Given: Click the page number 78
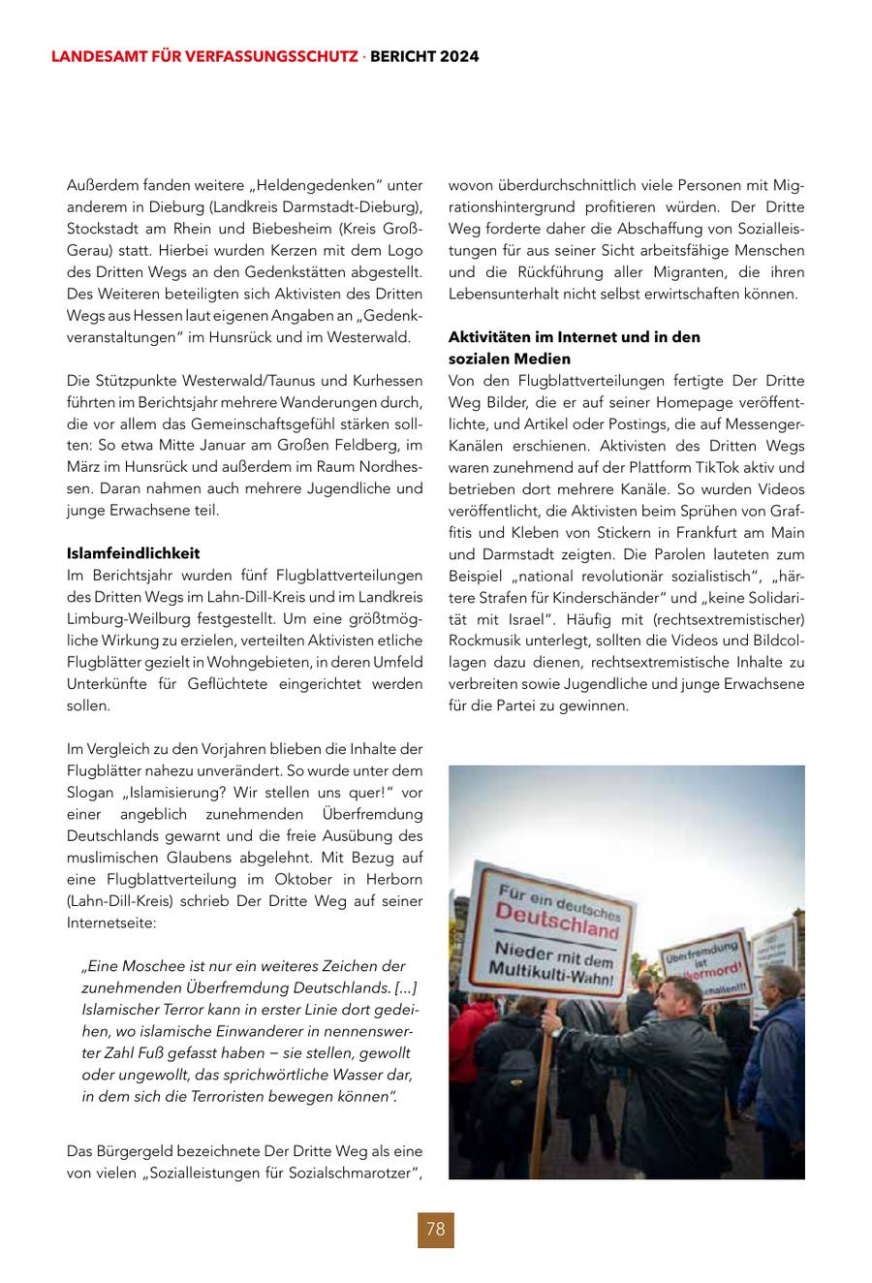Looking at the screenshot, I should (x=435, y=1230).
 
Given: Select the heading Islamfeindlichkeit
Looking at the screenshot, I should (x=133, y=553).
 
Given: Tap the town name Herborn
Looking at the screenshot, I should (x=391, y=879).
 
